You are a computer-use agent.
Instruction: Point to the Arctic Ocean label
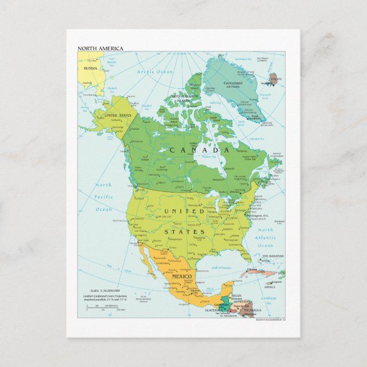click(154, 72)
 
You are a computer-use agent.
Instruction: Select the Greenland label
click(233, 83)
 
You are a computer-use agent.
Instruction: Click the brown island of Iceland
click(275, 79)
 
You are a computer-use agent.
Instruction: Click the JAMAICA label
click(270, 287)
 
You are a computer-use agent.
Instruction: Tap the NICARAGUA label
click(252, 311)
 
